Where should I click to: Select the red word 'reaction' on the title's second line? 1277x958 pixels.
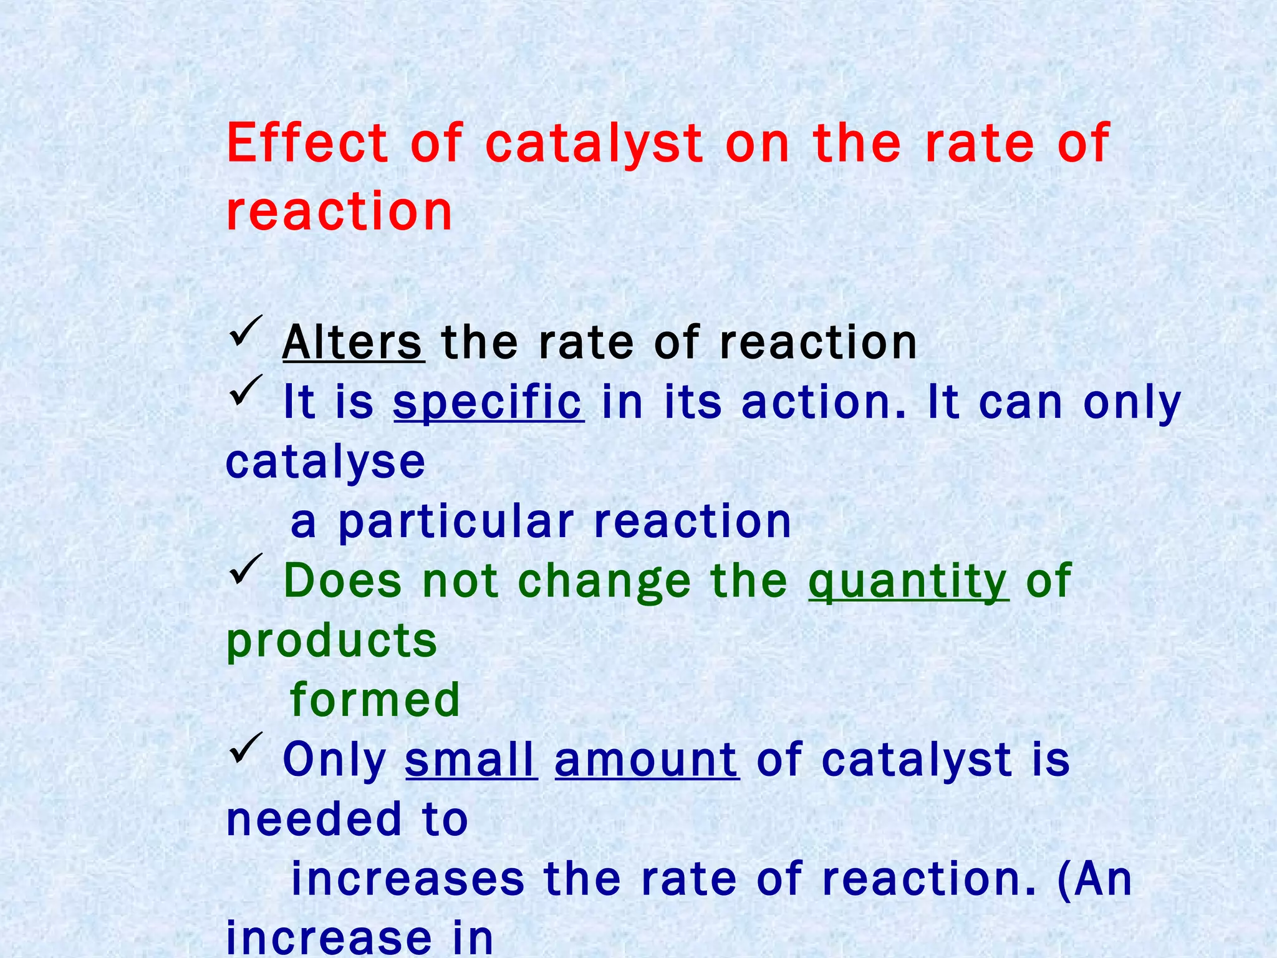point(339,211)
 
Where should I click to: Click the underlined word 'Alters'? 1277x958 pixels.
point(353,342)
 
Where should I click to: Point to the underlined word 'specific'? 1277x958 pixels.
point(488,402)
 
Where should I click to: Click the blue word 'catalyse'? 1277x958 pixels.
point(325,462)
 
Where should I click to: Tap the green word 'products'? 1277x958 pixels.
point(332,641)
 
